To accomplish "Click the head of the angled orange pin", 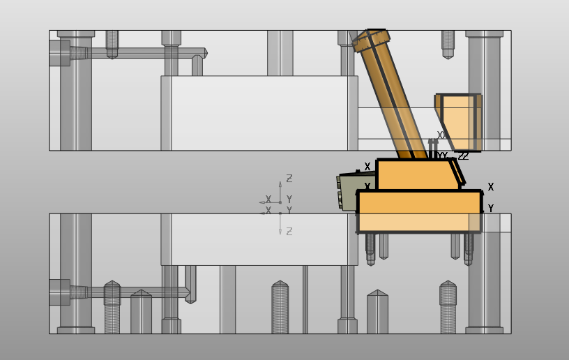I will click(x=370, y=40).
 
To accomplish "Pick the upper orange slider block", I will click(x=414, y=174).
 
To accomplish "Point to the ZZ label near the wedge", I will click(x=463, y=156).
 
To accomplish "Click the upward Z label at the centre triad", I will click(x=289, y=179).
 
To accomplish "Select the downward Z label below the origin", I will click(x=289, y=231).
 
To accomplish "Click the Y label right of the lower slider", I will click(x=491, y=209).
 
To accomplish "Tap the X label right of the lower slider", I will click(x=491, y=187).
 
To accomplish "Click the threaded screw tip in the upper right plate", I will click(x=448, y=45).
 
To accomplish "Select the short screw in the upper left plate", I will click(x=112, y=43).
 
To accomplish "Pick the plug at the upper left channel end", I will click(x=59, y=52).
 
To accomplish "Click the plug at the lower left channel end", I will click(x=59, y=292).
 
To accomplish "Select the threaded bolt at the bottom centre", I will click(x=280, y=307).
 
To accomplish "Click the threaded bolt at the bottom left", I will click(x=112, y=307).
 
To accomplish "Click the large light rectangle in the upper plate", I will click(x=259, y=112).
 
